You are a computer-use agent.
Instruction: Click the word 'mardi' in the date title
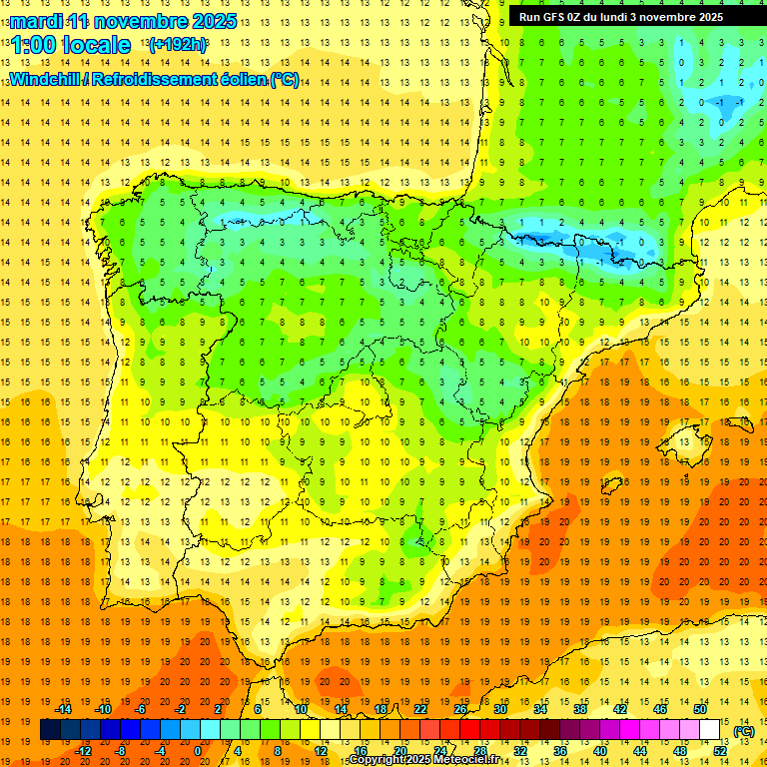pos(36,21)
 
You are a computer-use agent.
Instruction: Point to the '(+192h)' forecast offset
pos(178,45)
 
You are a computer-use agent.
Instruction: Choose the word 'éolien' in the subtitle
pos(238,79)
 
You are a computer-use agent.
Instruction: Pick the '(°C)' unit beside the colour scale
pos(744,731)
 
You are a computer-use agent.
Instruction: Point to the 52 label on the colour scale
pos(720,751)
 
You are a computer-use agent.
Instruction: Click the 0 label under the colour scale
pos(199,751)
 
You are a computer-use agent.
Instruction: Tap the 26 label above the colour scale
pos(460,709)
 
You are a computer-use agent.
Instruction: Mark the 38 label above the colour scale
pos(580,709)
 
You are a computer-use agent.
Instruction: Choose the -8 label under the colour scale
pos(119,751)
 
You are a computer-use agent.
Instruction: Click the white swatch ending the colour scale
pos(710,730)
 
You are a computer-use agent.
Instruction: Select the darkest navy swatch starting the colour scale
pos(50,730)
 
